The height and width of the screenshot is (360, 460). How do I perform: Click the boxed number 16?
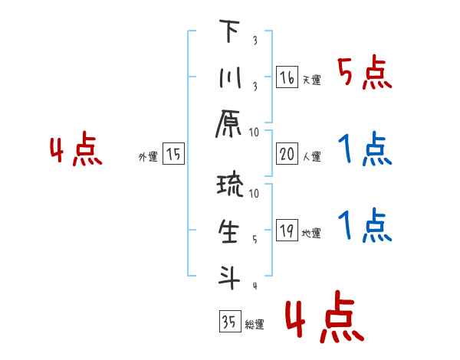click(287, 77)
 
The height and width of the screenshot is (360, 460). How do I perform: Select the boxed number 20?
click(287, 155)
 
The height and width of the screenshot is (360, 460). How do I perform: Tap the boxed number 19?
click(287, 231)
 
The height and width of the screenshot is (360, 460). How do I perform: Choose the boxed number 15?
click(173, 155)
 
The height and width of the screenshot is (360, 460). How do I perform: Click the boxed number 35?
click(228, 322)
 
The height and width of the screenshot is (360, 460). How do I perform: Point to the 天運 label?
click(311, 80)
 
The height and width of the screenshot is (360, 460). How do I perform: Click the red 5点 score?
click(365, 74)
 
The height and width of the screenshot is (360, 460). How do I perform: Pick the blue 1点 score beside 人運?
click(365, 151)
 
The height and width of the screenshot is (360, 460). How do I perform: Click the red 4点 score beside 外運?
click(76, 151)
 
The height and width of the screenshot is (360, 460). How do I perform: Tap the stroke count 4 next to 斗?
click(254, 286)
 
